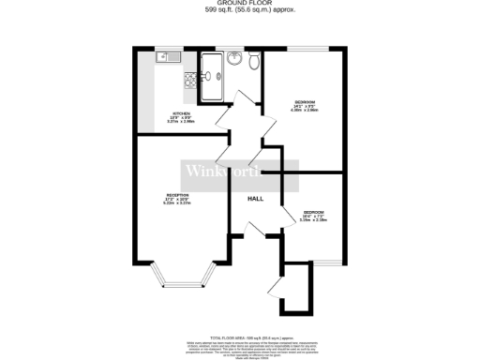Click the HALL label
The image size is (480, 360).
click(254, 200)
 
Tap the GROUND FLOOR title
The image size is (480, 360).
click(239, 4)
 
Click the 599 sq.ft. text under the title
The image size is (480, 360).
click(239, 10)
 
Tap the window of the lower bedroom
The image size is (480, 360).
click(325, 263)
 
